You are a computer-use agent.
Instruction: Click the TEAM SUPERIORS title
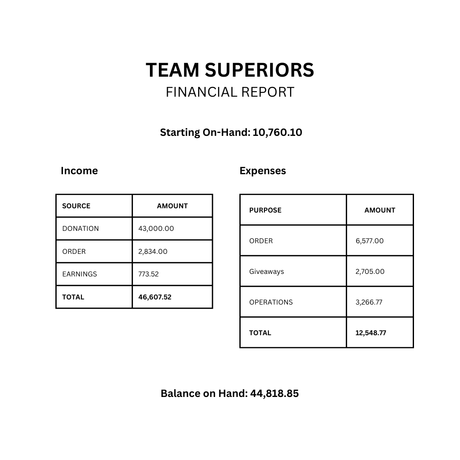[x=230, y=70]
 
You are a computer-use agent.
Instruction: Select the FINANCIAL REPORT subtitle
[x=230, y=92]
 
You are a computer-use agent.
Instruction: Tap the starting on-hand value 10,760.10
[x=277, y=132]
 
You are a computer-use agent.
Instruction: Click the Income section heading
[x=79, y=171]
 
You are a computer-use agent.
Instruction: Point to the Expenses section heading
[x=263, y=171]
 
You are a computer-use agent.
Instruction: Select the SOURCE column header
[x=76, y=206]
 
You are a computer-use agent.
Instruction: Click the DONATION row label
[x=80, y=229]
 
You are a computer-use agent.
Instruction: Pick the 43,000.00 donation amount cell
[x=156, y=229]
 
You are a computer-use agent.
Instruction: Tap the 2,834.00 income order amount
[x=153, y=252]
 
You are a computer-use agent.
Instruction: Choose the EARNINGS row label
[x=80, y=274]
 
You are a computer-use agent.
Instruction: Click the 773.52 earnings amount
[x=148, y=274]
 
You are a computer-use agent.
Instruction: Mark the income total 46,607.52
[x=155, y=297]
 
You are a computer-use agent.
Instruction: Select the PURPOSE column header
[x=265, y=210]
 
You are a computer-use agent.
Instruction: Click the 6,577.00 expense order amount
[x=370, y=241]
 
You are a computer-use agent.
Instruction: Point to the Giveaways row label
[x=267, y=272]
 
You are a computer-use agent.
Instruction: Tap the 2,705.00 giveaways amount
[x=370, y=272]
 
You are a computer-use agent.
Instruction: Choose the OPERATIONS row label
[x=271, y=302]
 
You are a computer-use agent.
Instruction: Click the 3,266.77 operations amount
[x=369, y=302]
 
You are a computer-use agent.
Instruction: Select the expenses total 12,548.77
[x=371, y=333]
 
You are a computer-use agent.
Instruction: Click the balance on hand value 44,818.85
[x=274, y=394]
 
